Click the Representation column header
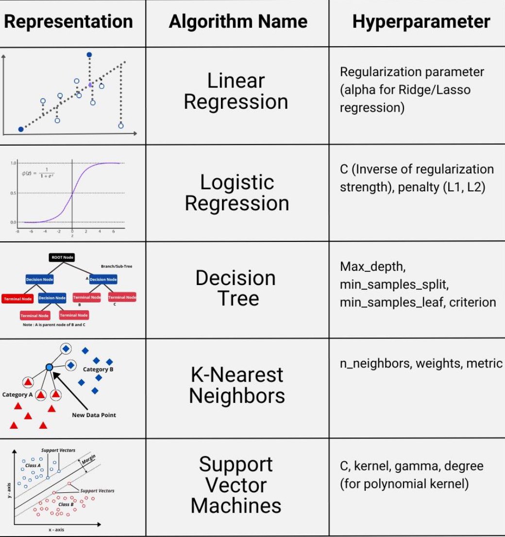pos(68,22)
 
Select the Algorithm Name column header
pos(238,22)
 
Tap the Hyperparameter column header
pos(421,22)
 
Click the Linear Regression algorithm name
pos(236,91)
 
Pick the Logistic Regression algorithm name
pos(237,193)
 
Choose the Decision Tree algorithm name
pos(236,288)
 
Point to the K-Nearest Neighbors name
pos(236,385)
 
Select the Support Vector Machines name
pos(236,485)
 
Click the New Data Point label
pos(94,415)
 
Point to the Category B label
pos(98,369)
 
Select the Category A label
pos(17,394)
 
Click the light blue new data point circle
pos(49,368)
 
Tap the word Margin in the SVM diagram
pos(89,458)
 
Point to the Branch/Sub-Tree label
pos(117,266)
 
